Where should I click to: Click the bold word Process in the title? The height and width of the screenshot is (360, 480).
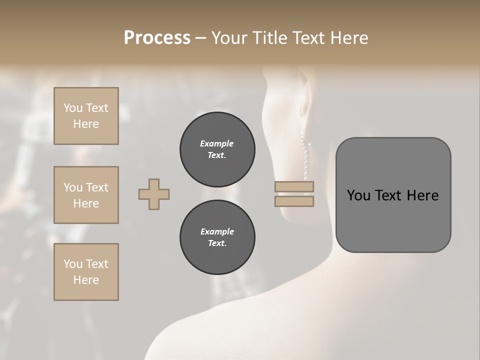point(157,37)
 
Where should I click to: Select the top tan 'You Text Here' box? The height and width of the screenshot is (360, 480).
point(86,116)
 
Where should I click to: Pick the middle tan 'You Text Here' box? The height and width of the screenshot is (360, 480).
point(86,195)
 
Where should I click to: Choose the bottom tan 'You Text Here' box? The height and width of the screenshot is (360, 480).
point(86,272)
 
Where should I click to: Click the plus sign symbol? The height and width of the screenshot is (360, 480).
point(154,194)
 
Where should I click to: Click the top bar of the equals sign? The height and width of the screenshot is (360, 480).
point(294,187)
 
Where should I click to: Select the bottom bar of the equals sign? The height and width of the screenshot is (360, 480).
point(294,201)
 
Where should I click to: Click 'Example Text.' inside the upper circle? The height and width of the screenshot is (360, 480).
point(217,149)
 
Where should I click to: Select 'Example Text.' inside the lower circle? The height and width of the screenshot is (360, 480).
point(217,237)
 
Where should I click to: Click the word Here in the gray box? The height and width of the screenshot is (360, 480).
point(423,195)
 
